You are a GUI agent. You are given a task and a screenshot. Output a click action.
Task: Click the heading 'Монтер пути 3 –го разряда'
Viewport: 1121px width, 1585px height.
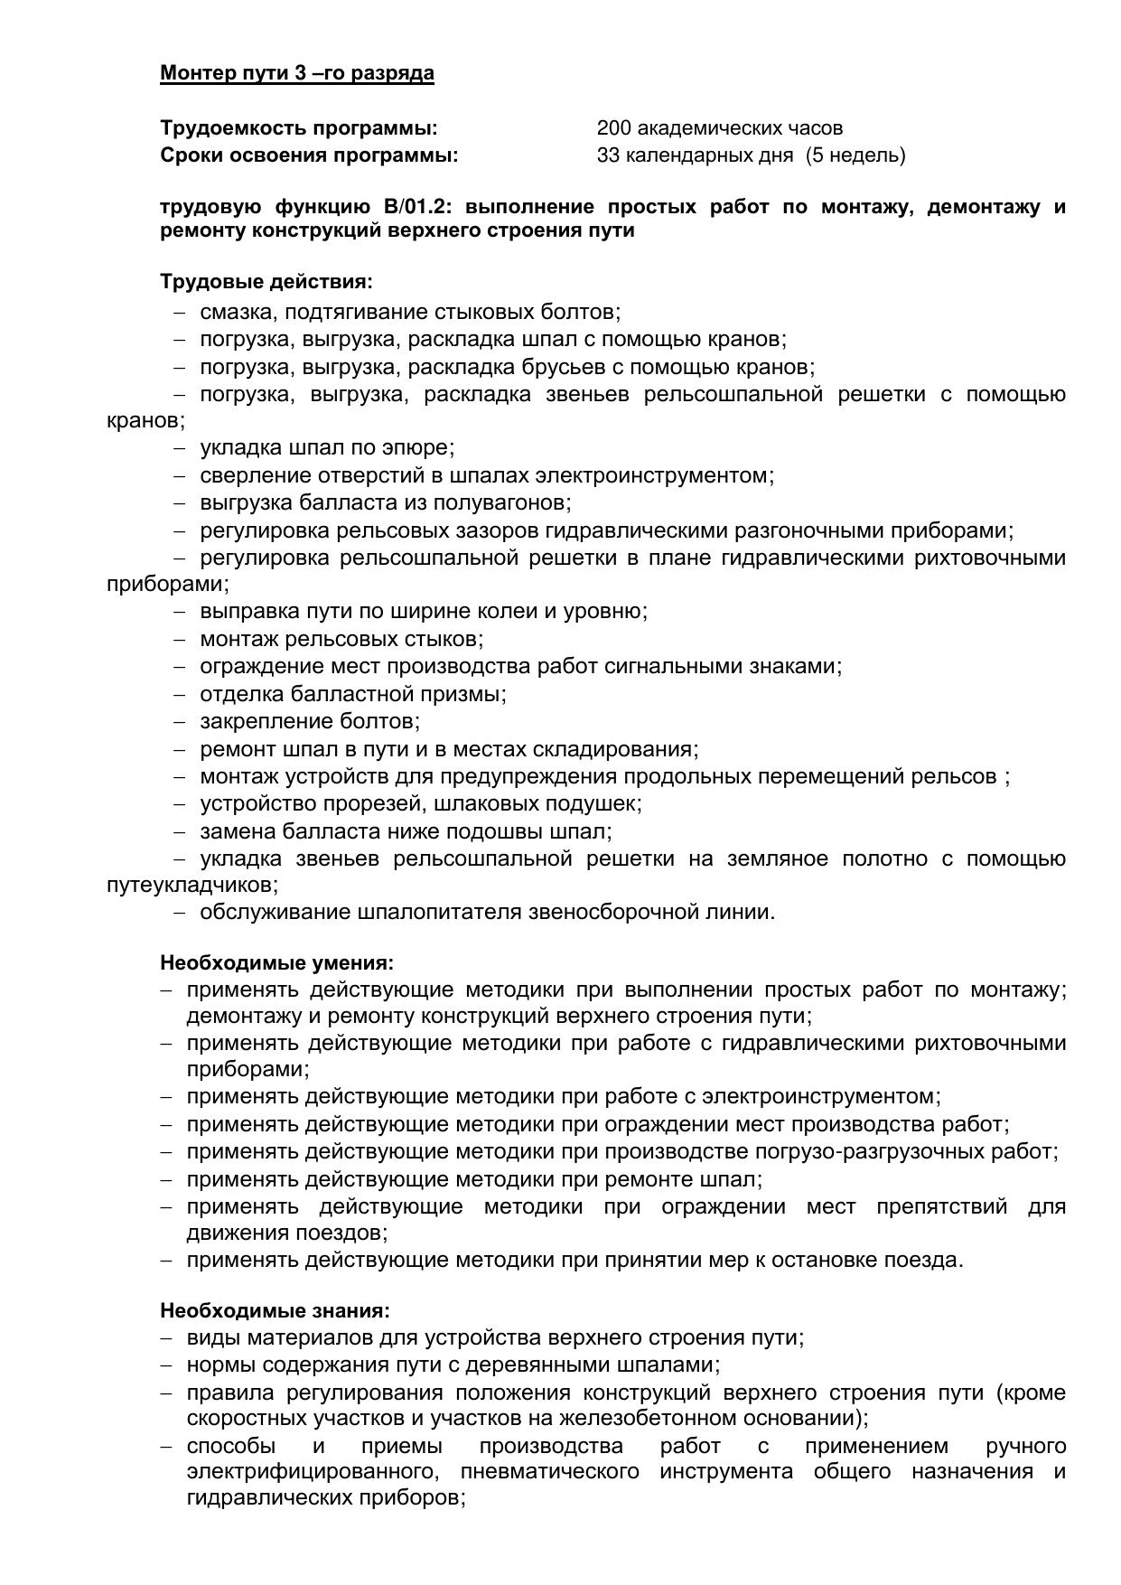click(x=296, y=73)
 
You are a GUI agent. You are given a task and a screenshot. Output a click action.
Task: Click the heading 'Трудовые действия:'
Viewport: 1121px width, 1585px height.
click(x=266, y=282)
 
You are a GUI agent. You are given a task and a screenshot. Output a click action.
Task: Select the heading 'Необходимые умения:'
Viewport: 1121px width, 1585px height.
click(x=276, y=962)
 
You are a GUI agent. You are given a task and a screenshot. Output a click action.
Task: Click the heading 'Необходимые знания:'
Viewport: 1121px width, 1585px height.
click(x=275, y=1310)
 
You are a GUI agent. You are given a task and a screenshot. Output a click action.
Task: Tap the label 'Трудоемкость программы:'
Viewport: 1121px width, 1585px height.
click(x=298, y=128)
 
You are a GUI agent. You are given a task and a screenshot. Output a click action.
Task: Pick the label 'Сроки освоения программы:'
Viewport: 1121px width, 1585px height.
click(x=309, y=155)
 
